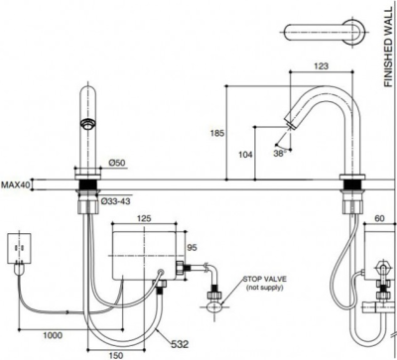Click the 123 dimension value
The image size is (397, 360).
(322, 65)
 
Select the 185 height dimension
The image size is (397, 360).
(217, 133)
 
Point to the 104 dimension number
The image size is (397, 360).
(245, 155)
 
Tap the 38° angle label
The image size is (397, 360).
(280, 153)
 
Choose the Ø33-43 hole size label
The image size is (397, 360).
(116, 200)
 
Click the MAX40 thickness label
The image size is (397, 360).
(15, 184)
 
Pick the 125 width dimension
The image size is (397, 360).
(144, 218)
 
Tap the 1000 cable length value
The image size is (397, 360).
(53, 335)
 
